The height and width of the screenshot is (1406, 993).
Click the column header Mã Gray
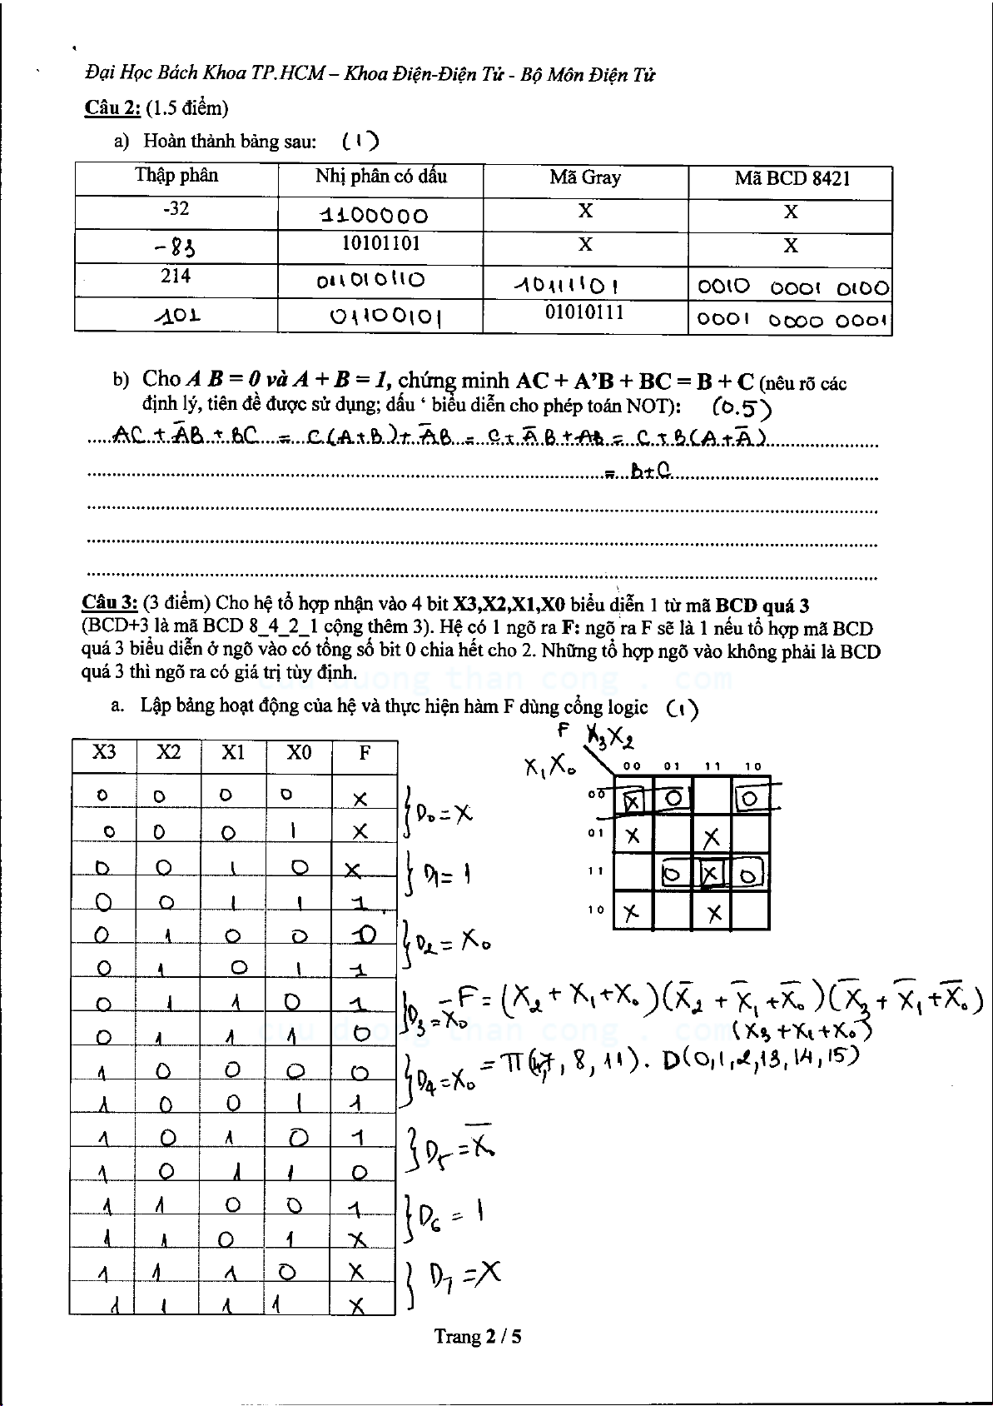pos(585,177)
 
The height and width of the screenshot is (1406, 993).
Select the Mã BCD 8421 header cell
pos(792,179)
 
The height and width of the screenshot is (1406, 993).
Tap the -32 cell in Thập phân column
pos(176,208)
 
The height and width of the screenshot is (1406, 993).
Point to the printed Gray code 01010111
pos(584,312)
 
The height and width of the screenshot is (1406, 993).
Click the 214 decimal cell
pos(176,276)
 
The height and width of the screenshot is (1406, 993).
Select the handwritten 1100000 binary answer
pos(375,216)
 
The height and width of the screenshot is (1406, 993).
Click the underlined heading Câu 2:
pos(112,108)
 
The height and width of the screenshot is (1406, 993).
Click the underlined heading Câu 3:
pos(109,604)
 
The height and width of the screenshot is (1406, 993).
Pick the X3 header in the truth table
pos(104,752)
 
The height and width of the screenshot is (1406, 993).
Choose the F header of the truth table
pos(365,753)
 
